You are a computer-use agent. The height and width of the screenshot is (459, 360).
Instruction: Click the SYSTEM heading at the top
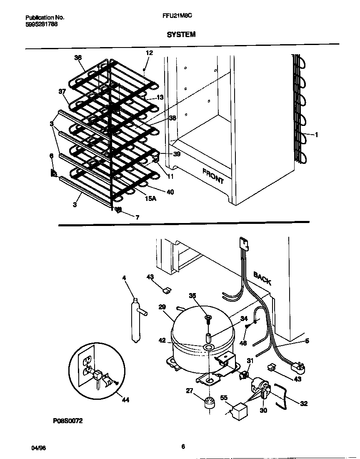[x=181, y=35]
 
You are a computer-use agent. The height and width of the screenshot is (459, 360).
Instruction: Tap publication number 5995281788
[x=42, y=24]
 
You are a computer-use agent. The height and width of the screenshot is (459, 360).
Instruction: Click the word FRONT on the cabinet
[x=213, y=176]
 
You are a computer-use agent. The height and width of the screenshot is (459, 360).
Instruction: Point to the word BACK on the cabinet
[x=262, y=278]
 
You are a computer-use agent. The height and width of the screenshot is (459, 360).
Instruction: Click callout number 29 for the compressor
[x=162, y=307]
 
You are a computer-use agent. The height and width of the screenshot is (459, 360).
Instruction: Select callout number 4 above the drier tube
[x=124, y=277]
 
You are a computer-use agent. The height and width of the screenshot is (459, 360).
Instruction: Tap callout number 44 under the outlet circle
[x=125, y=400]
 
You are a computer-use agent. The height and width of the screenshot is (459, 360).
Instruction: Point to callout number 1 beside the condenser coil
[x=317, y=135]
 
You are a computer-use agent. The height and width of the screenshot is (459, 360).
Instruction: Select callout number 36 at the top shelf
[x=78, y=58]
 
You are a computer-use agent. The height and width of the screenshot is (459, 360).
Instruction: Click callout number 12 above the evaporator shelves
[x=149, y=53]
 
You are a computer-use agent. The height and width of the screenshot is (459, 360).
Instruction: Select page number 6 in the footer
[x=183, y=447]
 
